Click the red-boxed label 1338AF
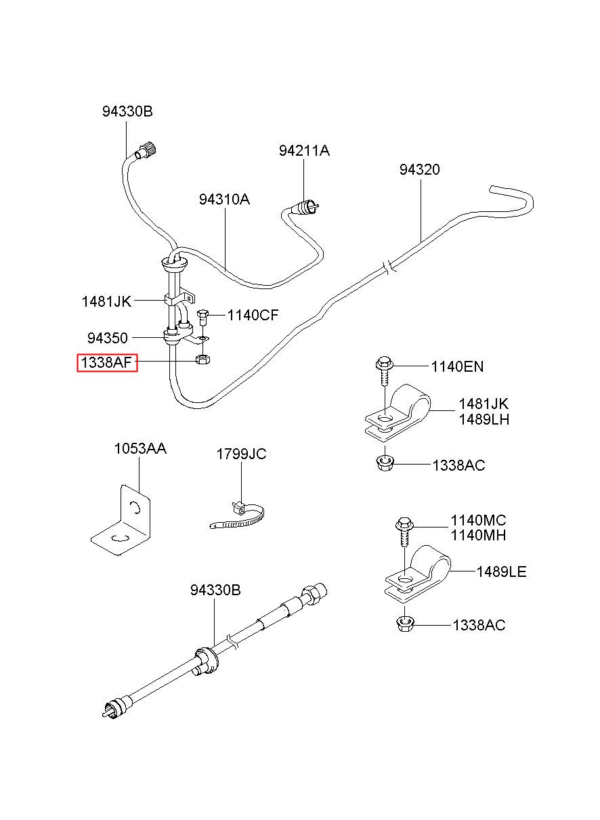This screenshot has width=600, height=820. pyautogui.click(x=106, y=362)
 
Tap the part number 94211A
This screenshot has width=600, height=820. pyautogui.click(x=304, y=150)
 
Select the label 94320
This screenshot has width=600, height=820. pyautogui.click(x=419, y=169)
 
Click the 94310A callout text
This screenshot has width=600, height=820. pyautogui.click(x=224, y=199)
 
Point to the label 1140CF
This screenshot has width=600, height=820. pyautogui.click(x=253, y=315)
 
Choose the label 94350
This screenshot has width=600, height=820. pyautogui.click(x=108, y=337)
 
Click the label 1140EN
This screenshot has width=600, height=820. pyautogui.click(x=457, y=366)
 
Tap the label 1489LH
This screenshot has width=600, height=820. pyautogui.click(x=484, y=419)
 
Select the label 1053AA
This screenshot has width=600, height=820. pyautogui.click(x=140, y=448)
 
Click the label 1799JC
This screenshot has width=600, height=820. pyautogui.click(x=241, y=454)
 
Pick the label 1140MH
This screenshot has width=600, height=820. pyautogui.click(x=478, y=535)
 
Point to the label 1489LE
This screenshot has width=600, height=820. pyautogui.click(x=502, y=571)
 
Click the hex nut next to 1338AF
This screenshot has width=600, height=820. pyautogui.click(x=202, y=359)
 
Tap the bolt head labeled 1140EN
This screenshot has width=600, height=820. pyautogui.click(x=384, y=363)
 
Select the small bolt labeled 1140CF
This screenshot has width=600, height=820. pyautogui.click(x=202, y=318)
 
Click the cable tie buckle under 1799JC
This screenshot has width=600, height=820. pyautogui.click(x=238, y=507)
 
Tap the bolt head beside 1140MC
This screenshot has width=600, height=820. pyautogui.click(x=404, y=524)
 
